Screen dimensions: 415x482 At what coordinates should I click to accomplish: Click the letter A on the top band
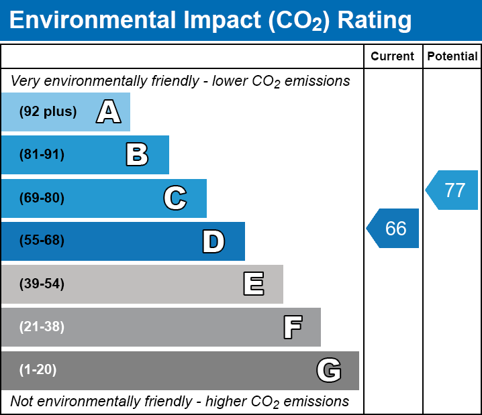pyautogui.click(x=109, y=112)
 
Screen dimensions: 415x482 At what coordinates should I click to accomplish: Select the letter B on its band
pyautogui.click(x=137, y=155)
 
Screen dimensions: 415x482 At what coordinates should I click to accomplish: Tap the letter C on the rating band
pyautogui.click(x=175, y=198)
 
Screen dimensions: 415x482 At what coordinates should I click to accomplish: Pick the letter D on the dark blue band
pyautogui.click(x=213, y=241)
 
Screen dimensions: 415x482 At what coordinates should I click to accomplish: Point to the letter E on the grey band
pyautogui.click(x=253, y=284)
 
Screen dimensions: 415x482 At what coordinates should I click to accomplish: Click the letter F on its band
pyautogui.click(x=292, y=327)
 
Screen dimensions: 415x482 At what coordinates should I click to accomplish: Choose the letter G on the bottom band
pyautogui.click(x=329, y=370)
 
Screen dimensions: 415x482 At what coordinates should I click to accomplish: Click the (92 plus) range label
pyautogui.click(x=48, y=112)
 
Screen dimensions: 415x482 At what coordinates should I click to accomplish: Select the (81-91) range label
pyautogui.click(x=42, y=155)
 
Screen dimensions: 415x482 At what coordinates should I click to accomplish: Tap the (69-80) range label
pyautogui.click(x=42, y=198)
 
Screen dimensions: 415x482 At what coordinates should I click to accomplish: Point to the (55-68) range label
pyautogui.click(x=42, y=241)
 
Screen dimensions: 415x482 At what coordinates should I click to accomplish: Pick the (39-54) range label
pyautogui.click(x=42, y=284)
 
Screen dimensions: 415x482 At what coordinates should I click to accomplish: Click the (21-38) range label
pyautogui.click(x=42, y=327)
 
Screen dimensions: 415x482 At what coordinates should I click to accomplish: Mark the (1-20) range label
pyautogui.click(x=38, y=369)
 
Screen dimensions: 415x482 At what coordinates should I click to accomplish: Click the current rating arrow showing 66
pyautogui.click(x=394, y=229)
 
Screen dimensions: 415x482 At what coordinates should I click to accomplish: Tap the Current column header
pyautogui.click(x=393, y=57)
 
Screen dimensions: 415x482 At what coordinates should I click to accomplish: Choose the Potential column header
pyautogui.click(x=452, y=57)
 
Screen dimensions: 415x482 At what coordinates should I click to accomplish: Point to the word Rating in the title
pyautogui.click(x=375, y=21)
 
